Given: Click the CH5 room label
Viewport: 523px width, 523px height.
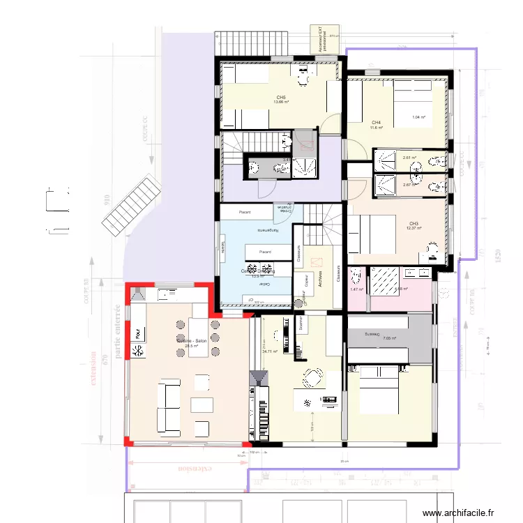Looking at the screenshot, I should click(281, 98).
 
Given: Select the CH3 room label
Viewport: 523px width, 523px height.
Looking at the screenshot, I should click(414, 224).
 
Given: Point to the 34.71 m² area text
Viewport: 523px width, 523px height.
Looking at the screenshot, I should click(269, 351).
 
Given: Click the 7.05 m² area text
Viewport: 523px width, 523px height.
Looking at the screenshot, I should click(389, 339).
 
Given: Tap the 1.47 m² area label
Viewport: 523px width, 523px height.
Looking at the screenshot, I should click(356, 289).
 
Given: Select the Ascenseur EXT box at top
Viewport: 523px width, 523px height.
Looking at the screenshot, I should click(325, 38).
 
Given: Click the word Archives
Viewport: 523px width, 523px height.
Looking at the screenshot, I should click(319, 280).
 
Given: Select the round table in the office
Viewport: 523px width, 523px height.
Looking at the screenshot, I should click(312, 378).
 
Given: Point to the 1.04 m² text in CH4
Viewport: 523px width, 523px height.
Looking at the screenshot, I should click(418, 117).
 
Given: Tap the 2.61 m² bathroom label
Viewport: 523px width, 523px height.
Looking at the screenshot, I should click(409, 158).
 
